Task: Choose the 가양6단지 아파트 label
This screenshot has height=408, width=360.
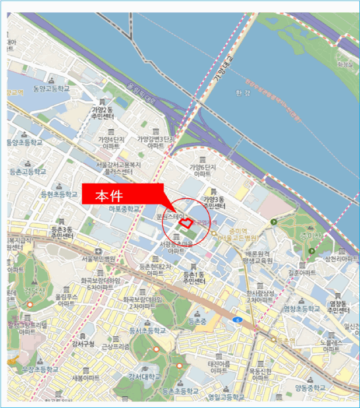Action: click(202, 170)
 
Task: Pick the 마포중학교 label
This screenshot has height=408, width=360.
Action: click(124, 208)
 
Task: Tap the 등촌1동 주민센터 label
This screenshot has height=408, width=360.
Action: click(194, 277)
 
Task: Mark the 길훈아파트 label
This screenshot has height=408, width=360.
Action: click(300, 272)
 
